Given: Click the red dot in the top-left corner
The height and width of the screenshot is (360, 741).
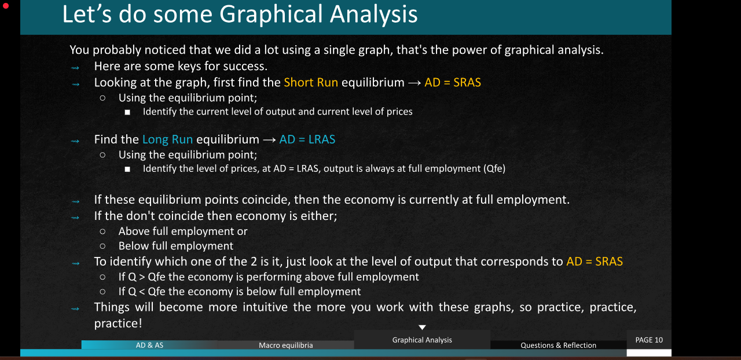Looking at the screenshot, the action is coord(6,6).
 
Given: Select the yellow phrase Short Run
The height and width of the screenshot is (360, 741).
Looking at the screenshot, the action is coord(311,82).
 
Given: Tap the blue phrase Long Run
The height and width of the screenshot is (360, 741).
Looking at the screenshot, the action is coord(167,139).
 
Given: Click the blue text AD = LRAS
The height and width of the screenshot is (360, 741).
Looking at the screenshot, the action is coord(307,139).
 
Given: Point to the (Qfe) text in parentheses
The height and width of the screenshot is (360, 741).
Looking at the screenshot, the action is coord(494,169).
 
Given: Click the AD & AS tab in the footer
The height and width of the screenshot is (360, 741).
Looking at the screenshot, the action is coord(149,345).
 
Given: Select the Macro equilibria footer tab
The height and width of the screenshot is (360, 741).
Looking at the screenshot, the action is coord(286,345).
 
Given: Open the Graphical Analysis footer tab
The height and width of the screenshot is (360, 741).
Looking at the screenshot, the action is coord(422,340).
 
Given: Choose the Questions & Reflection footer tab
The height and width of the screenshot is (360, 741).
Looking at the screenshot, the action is coord(559,345).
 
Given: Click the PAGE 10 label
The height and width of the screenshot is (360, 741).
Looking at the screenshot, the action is coord(649,340).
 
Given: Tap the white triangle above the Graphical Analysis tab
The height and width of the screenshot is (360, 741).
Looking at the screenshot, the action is coord(422,327).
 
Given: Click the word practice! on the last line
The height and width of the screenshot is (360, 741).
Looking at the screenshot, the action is coord(118,324).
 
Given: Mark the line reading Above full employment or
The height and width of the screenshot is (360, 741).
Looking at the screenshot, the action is coord(183,232).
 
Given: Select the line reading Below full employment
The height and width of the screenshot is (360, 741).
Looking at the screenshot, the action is coord(175,246).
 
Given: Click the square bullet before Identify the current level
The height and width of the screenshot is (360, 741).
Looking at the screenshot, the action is coord(127,112).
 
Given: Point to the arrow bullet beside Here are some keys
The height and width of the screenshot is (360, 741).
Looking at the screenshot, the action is coord(75,68).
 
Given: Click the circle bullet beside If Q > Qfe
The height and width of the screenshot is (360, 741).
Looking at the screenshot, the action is coord(102,277).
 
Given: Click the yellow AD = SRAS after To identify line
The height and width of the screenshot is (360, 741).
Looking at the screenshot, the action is coord(595,262).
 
